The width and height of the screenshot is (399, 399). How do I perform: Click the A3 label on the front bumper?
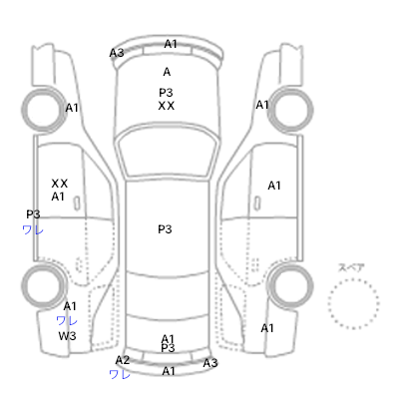click(x=117, y=53)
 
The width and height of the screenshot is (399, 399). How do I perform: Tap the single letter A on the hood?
click(x=167, y=72)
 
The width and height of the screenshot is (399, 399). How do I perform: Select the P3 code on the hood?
click(x=166, y=92)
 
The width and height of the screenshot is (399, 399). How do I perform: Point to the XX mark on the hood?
click(x=166, y=106)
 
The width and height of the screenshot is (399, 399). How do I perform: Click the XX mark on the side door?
click(x=60, y=184)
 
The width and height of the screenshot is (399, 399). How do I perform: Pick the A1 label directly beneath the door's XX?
click(x=58, y=197)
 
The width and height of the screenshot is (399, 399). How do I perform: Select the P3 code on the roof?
click(x=165, y=229)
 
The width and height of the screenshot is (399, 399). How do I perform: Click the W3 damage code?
click(x=67, y=336)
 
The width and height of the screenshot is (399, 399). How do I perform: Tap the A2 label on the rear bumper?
click(x=123, y=360)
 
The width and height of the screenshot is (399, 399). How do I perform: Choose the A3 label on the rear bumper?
click(x=210, y=363)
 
